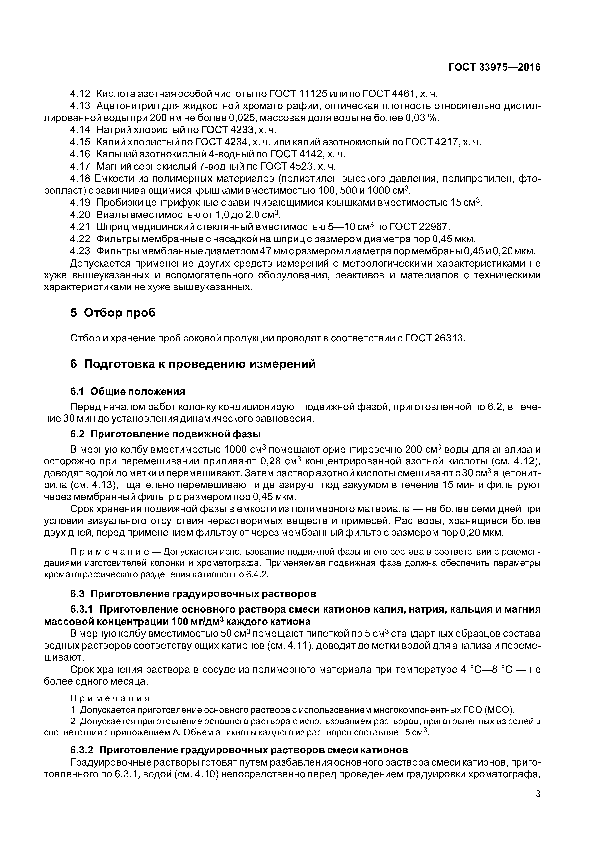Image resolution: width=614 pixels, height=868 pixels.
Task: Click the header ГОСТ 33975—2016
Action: click(x=494, y=67)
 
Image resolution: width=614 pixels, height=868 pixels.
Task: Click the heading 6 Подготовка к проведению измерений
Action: click(x=193, y=364)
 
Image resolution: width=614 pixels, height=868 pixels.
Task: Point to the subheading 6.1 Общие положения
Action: click(x=128, y=391)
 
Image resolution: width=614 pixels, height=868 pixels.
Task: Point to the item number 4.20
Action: click(x=80, y=215)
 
